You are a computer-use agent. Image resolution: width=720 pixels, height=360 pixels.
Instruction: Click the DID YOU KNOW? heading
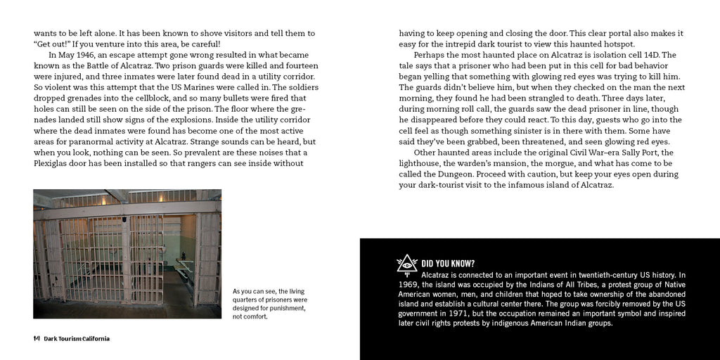[447, 264]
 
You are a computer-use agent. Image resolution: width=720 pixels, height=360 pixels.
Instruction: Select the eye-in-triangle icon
[407, 264]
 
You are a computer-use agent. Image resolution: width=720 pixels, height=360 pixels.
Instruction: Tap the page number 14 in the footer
[37, 339]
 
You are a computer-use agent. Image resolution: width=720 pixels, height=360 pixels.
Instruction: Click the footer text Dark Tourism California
[77, 339]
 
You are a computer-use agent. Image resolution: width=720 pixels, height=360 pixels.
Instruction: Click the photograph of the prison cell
[127, 253]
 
